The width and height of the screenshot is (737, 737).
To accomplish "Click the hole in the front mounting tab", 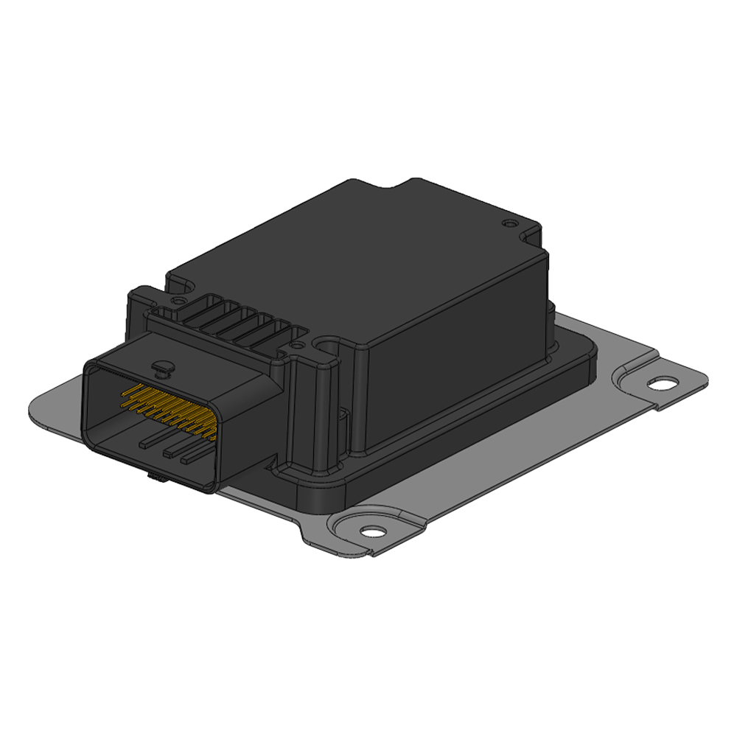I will tap(372, 530).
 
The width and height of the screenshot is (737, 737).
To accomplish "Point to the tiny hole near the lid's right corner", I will tap(506, 222).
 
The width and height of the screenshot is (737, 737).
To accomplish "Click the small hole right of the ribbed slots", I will tap(296, 343).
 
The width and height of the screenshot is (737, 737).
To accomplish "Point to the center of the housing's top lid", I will tap(368, 258).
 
